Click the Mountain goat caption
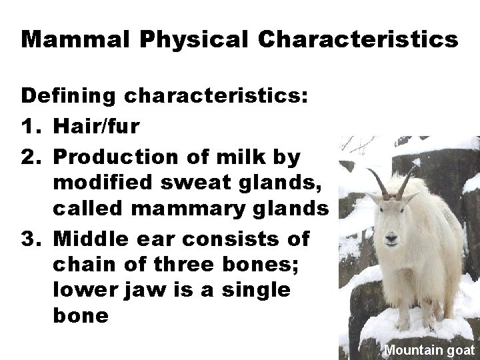[x=429, y=349]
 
